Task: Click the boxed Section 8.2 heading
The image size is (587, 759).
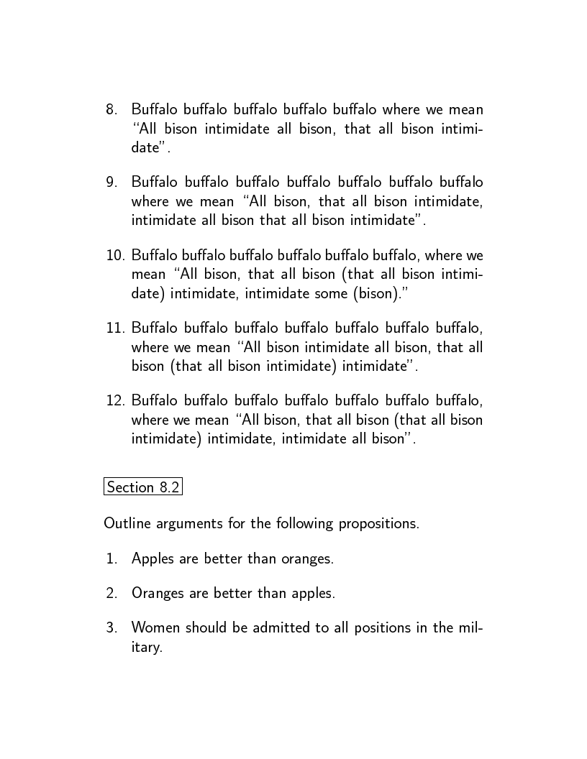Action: (142, 487)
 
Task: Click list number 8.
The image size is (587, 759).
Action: (112, 110)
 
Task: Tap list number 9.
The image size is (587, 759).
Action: (112, 183)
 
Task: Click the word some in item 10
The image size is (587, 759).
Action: (352, 293)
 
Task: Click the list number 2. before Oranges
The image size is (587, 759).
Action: (112, 593)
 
